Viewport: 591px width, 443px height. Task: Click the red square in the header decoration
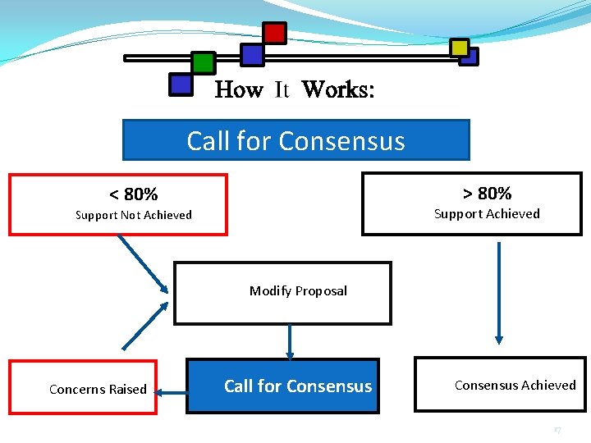tap(274, 33)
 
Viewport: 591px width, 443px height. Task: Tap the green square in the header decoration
tap(203, 63)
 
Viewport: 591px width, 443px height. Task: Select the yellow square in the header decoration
tap(460, 48)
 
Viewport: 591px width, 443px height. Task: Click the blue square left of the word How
tap(180, 84)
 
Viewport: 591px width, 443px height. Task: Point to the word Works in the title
tap(337, 89)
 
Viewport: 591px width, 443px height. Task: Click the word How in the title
tap(238, 89)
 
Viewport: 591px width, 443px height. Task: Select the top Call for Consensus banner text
tap(295, 140)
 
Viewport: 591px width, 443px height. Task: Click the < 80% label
tap(133, 194)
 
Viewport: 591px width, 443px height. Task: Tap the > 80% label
tap(487, 194)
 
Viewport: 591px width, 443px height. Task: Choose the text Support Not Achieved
tap(133, 215)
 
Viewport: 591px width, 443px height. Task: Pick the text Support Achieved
tap(487, 214)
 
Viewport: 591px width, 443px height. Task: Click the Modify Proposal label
tap(298, 290)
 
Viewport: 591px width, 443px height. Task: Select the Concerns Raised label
tap(98, 389)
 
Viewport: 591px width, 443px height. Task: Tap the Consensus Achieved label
tap(515, 385)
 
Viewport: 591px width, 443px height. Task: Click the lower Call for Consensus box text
tap(298, 386)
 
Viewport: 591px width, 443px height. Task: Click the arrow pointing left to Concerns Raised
tap(172, 393)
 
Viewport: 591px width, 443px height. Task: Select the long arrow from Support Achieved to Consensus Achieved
tap(498, 291)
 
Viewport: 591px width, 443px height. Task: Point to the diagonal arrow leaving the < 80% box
tap(143, 263)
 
